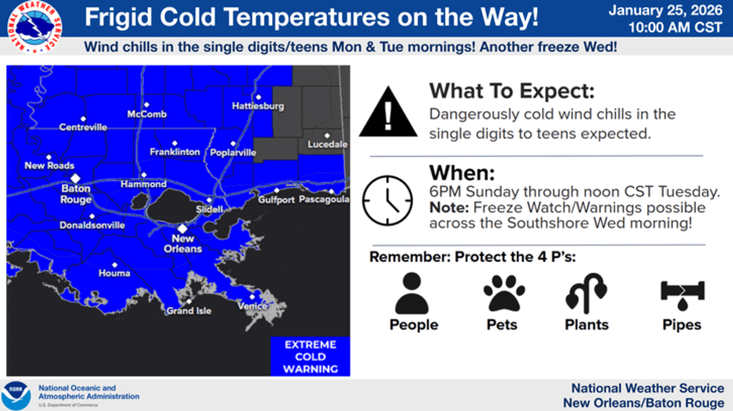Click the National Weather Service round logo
(34, 27)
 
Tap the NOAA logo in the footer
(16, 396)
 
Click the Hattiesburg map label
(258, 106)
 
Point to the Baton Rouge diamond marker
(75, 178)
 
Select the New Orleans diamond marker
(183, 228)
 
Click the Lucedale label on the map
(327, 144)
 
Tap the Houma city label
(114, 273)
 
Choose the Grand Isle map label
(189, 310)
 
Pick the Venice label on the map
(253, 306)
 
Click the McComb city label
(147, 114)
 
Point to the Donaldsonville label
(92, 225)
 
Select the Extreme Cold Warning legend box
(310, 356)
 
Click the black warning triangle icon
(388, 112)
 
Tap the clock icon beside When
(387, 201)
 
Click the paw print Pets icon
(504, 293)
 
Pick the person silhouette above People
(412, 293)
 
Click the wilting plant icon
(586, 293)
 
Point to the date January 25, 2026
(665, 11)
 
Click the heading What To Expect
(512, 91)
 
